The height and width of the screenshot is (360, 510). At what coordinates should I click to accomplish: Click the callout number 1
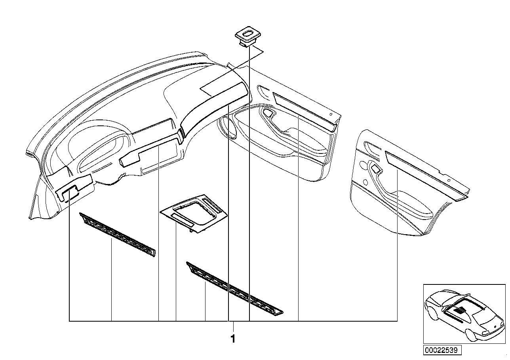pos(233,339)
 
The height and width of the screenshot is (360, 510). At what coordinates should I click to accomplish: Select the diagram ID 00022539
pos(443,350)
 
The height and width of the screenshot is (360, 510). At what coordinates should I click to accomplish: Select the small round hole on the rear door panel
pos(364,183)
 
